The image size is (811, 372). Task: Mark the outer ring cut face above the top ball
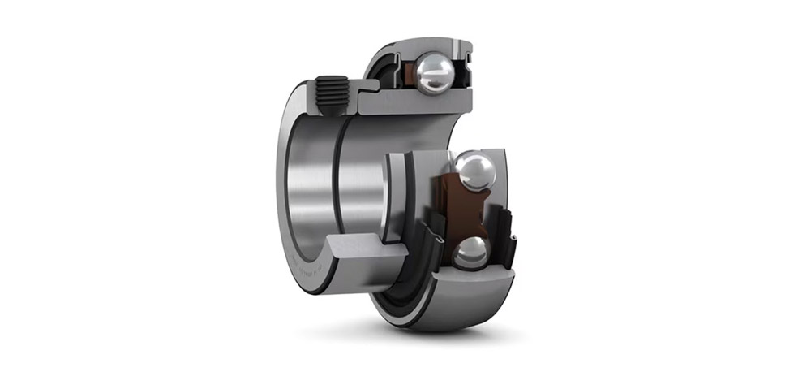[434, 47]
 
